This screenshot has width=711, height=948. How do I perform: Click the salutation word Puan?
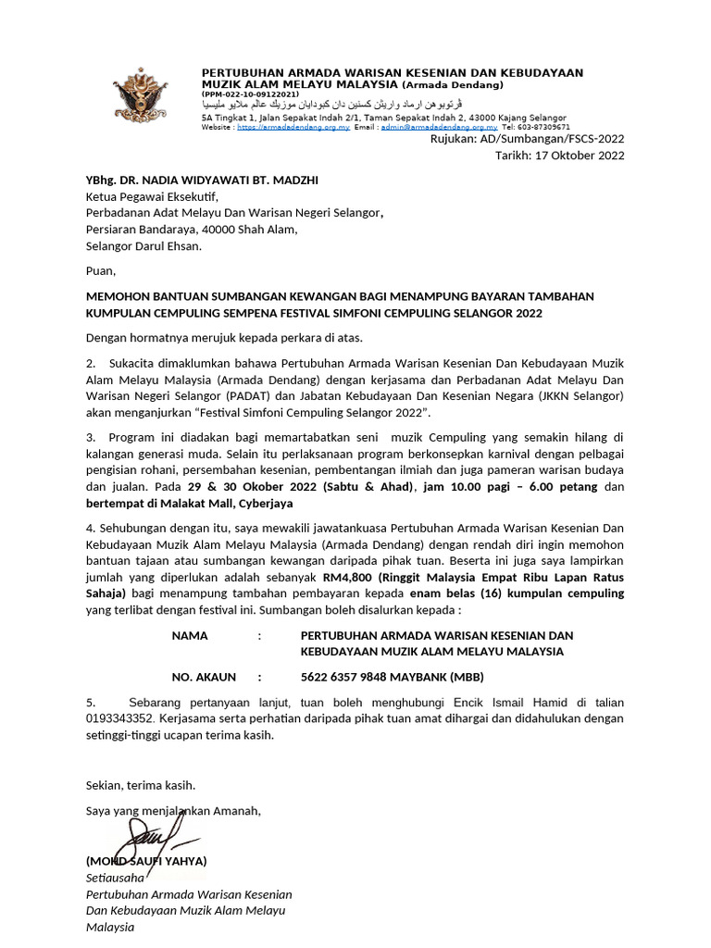(101, 271)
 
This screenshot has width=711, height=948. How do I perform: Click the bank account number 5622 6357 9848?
(347, 677)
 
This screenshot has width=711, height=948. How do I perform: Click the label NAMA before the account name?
(190, 636)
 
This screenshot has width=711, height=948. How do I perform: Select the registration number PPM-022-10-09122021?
(251, 94)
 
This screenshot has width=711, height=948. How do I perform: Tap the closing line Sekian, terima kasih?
(141, 785)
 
